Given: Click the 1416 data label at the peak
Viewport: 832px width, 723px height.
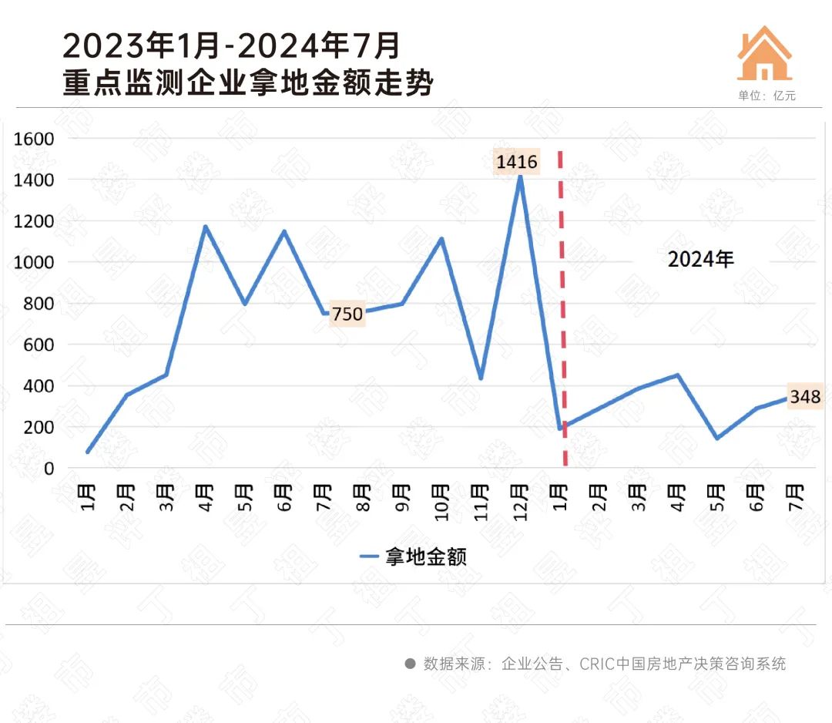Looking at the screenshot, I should click(x=517, y=162).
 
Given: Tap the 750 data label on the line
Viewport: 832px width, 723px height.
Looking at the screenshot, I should click(x=347, y=314).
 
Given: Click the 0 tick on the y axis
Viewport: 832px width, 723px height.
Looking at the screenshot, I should click(x=49, y=468).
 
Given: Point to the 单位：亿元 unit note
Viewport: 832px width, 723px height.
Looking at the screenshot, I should click(x=766, y=96).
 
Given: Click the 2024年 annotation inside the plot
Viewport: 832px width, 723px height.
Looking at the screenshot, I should click(x=700, y=260).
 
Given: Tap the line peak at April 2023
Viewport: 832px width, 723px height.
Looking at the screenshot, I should click(x=206, y=227).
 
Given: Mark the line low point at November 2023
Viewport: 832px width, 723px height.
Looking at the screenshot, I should click(x=481, y=378).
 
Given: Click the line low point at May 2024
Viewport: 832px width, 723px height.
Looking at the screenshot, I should click(x=716, y=438).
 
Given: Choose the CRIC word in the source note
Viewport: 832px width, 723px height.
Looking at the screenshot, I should click(x=597, y=664).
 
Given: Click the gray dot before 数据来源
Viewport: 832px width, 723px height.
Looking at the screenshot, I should click(x=410, y=664).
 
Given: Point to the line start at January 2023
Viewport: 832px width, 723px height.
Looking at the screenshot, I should click(x=88, y=452).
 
